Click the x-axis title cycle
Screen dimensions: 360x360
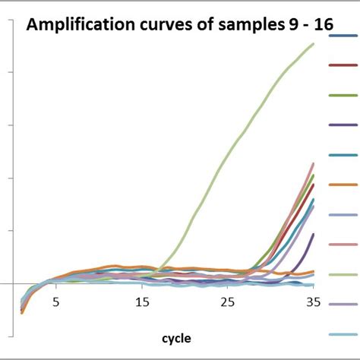point(175,337)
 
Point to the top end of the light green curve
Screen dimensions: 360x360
point(313,44)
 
